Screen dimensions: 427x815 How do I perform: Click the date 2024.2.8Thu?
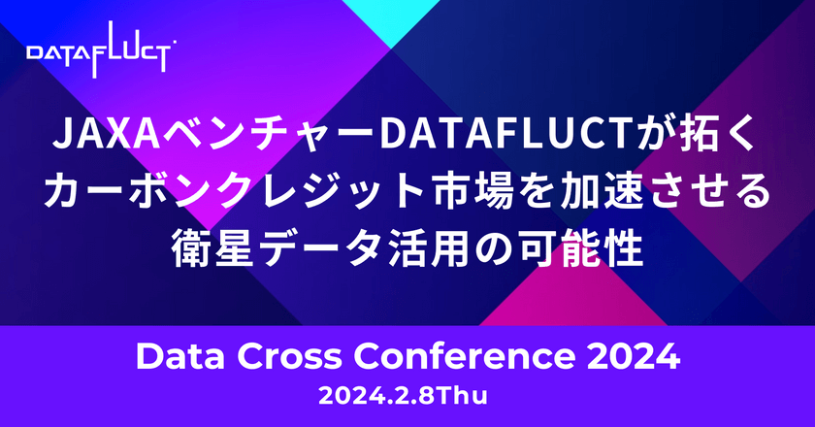(x=407, y=396)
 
